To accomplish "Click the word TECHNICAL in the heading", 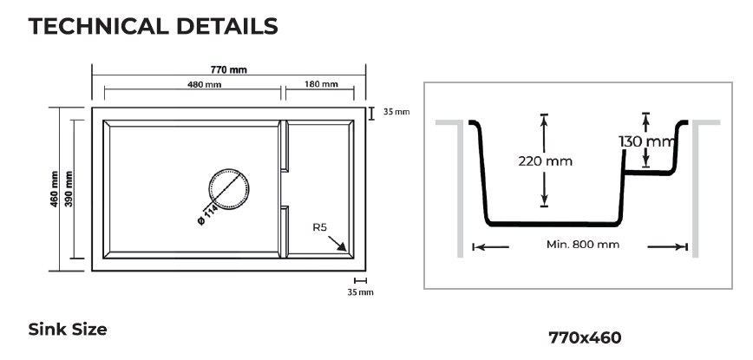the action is coord(98,26).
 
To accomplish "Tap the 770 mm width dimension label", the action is coord(229,69).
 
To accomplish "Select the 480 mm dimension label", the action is coord(204,85).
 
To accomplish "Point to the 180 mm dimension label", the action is coord(321,84).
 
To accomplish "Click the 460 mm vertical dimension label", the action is coord(55,189).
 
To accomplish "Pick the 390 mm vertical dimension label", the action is coord(69,189).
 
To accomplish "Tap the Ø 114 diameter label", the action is coord(207,215).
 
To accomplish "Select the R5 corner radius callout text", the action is coord(319,227).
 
